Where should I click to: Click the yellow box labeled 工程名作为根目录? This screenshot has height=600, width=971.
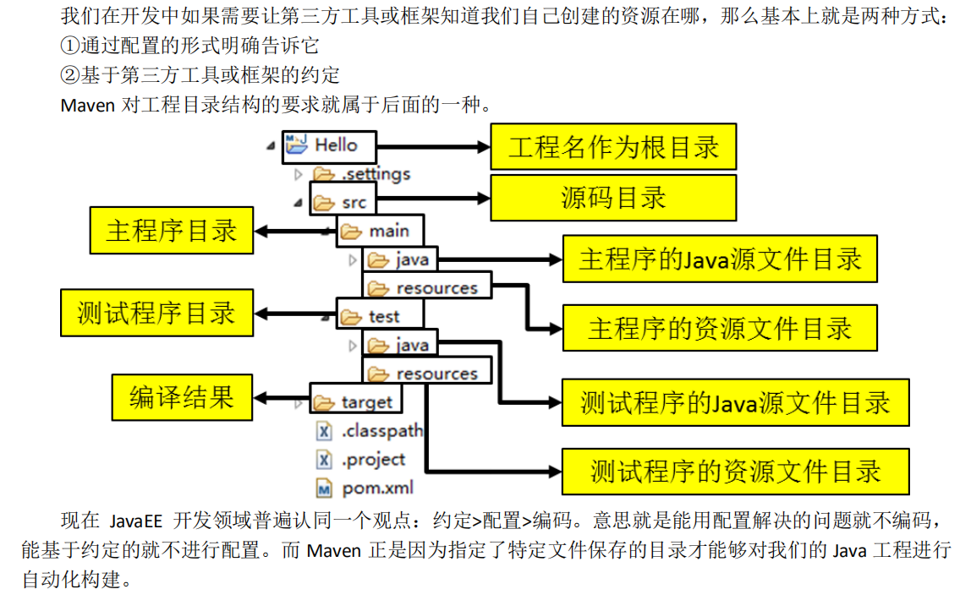[613, 146]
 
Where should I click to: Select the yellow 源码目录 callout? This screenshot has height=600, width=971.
[613, 198]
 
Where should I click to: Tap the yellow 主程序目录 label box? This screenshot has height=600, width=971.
[171, 230]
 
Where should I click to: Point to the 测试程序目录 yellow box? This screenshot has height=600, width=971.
[156, 313]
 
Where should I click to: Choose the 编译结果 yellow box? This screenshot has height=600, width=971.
[182, 396]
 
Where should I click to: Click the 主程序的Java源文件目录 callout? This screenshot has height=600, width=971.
[720, 259]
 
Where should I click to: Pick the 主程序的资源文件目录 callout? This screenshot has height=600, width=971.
[720, 328]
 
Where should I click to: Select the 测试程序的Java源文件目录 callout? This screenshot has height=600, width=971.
[735, 401]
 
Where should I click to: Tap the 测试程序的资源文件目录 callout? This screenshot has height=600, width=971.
[735, 471]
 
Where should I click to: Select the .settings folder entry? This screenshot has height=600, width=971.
[375, 174]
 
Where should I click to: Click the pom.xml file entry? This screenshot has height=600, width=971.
[376, 488]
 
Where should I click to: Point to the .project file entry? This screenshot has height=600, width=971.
[373, 460]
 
